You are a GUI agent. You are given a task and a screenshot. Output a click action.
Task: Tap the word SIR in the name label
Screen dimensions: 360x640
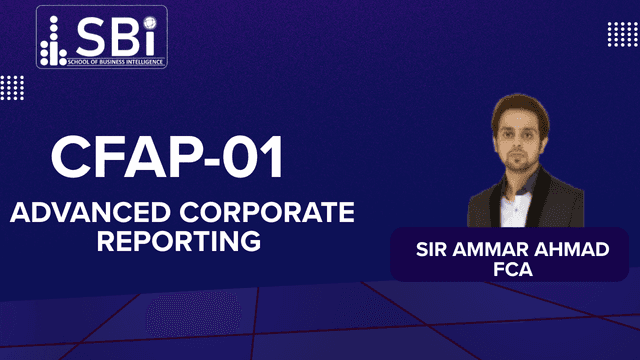click(x=433, y=247)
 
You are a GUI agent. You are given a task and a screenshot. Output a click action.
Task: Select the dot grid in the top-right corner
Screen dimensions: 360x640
click(x=622, y=34)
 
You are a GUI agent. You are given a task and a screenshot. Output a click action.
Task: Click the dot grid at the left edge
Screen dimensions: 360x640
click(x=11, y=88)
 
